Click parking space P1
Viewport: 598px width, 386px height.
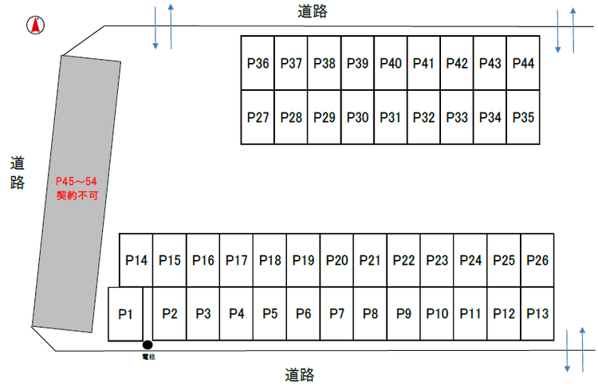tap(124, 314)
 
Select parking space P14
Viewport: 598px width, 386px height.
tap(136, 260)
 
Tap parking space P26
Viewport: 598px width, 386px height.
tap(537, 260)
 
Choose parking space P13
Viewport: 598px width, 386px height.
tap(537, 313)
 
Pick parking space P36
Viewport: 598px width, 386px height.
tap(258, 63)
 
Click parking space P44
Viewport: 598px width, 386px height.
tap(522, 63)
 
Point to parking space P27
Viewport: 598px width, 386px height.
tap(258, 117)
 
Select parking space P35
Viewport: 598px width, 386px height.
tap(522, 117)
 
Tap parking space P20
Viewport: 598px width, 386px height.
tap(337, 260)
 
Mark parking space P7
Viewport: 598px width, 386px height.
tap(337, 313)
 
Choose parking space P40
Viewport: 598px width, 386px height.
tap(390, 63)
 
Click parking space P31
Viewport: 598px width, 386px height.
tap(390, 117)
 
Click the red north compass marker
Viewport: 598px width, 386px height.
tap(34, 26)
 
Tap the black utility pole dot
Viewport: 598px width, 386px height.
tap(147, 345)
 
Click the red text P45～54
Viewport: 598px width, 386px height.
tap(76, 183)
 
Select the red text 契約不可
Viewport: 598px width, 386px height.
tap(76, 195)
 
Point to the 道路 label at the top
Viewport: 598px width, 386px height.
tap(312, 11)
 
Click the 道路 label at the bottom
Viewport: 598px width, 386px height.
tap(299, 374)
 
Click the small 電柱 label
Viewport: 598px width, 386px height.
tap(146, 357)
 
